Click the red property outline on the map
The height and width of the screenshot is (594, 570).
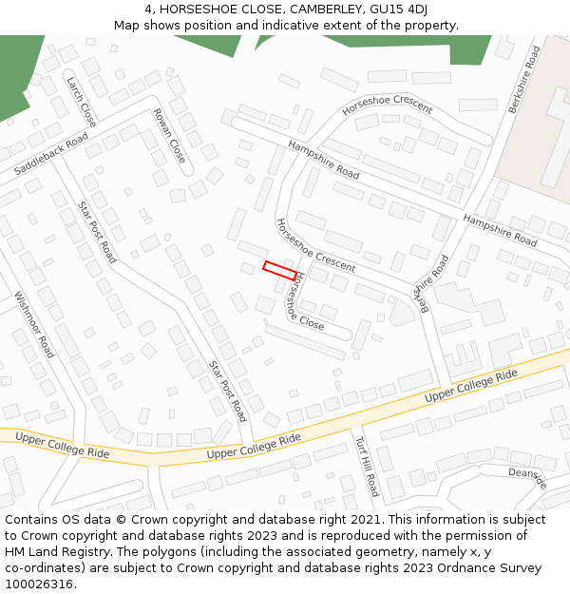280,270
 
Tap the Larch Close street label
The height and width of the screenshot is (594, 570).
82,102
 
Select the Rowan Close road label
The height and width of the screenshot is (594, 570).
169,136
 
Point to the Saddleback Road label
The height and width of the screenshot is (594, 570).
50,154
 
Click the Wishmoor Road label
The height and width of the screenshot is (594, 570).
34,324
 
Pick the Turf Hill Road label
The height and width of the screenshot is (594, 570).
367,466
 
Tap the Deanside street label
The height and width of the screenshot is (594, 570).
527,478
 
